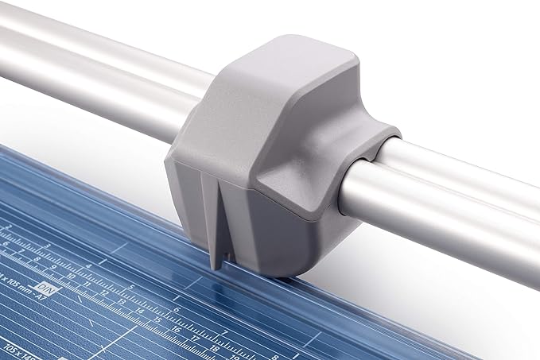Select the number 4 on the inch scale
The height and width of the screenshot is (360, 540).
pos(89,265)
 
